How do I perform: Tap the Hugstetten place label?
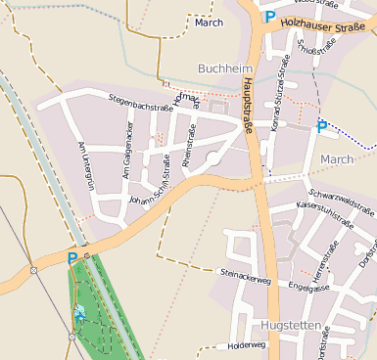(291, 323)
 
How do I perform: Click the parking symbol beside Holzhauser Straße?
(268, 16)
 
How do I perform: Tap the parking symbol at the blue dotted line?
(321, 125)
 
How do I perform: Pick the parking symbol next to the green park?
(71, 258)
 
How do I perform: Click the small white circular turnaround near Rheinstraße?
(212, 157)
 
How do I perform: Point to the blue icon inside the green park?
(78, 315)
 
